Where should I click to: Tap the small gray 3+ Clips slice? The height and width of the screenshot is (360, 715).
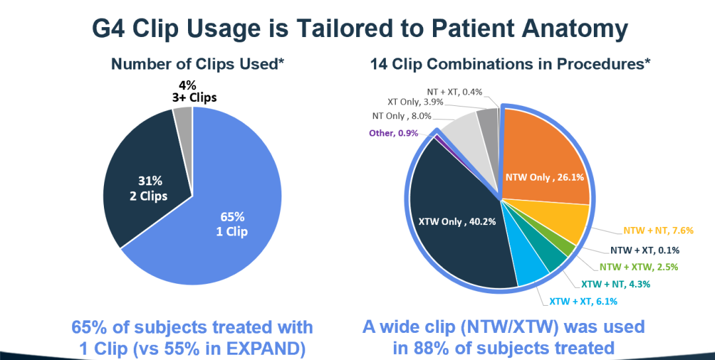point(183,116)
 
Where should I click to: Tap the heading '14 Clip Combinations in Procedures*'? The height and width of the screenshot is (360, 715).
point(510,64)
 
